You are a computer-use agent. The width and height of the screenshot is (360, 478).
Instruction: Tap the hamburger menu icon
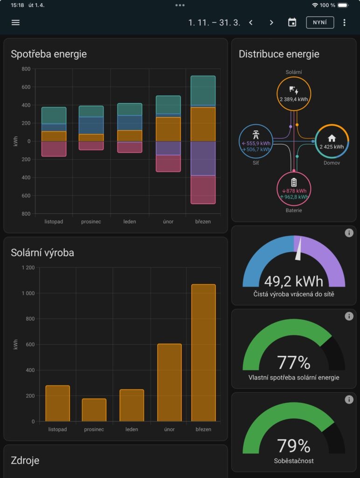(x=15, y=22)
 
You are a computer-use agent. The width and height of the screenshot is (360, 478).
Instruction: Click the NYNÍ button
(x=320, y=22)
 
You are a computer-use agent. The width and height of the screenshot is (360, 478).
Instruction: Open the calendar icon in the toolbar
(x=292, y=22)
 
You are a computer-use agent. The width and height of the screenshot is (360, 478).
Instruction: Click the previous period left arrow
(x=251, y=22)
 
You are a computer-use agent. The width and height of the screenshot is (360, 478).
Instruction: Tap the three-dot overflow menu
(x=345, y=22)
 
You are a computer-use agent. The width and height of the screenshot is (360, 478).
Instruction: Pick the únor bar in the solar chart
(x=169, y=383)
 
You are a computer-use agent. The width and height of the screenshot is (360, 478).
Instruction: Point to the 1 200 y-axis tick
(x=28, y=267)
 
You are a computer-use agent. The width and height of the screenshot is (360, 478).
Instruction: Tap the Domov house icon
(x=332, y=138)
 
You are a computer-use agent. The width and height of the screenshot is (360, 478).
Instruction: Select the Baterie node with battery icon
(x=294, y=189)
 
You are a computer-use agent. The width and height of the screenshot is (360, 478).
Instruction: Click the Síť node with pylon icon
(x=256, y=141)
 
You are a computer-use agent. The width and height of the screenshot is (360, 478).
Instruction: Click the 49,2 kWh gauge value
(x=294, y=281)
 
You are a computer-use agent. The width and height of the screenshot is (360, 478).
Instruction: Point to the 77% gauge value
(x=294, y=363)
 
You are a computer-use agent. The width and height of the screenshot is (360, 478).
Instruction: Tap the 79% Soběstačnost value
(x=294, y=446)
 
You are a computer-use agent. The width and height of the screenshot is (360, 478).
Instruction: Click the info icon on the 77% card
(x=349, y=316)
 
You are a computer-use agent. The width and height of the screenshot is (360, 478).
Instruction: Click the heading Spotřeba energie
(x=49, y=54)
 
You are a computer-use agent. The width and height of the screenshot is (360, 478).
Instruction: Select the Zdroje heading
(x=25, y=461)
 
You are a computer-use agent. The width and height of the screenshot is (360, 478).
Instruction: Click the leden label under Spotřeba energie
(x=130, y=221)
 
